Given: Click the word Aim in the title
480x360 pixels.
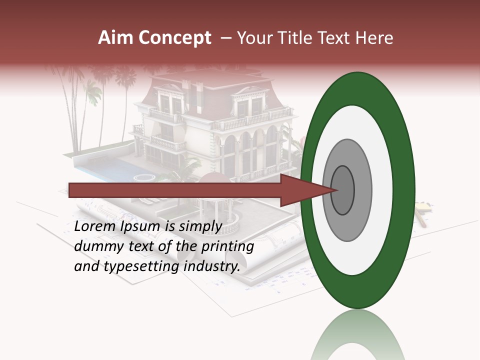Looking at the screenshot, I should pos(116,38).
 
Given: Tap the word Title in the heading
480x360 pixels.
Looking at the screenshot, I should pos(298,38).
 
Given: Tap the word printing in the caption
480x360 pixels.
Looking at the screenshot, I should pos(228,247).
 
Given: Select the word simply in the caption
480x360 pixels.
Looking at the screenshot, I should pos(200,227).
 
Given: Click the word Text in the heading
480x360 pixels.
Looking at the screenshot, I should pos(337,38).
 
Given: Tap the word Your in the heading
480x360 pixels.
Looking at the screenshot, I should pos(253,38).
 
